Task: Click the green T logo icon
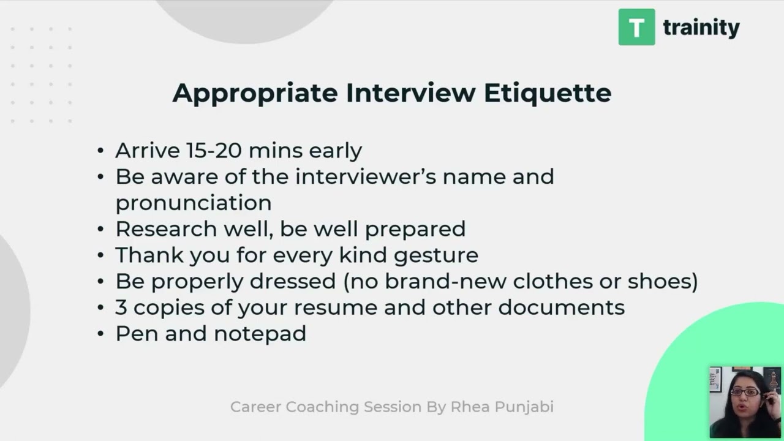coord(636,27)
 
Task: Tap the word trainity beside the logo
coord(701,28)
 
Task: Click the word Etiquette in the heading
coord(548,93)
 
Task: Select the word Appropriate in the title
coord(255,93)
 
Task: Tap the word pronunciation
coord(194,203)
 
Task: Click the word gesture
coord(435,255)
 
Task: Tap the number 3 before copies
coord(121,307)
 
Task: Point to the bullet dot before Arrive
coord(101,151)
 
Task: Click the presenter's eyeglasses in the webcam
coord(745,393)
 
